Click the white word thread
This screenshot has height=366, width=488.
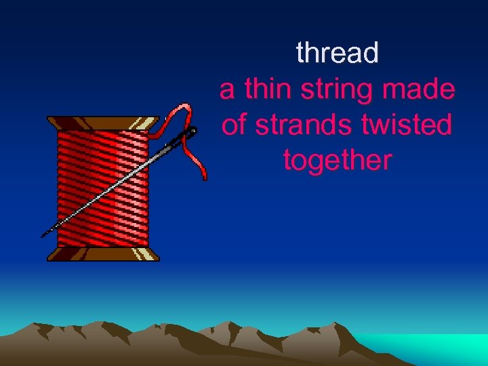337,53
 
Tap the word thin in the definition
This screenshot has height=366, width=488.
266,89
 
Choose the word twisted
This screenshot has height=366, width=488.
405,125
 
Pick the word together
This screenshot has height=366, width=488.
337,161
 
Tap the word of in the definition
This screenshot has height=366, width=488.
233,125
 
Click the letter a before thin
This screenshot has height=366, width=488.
228,90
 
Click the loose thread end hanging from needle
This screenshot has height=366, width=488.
202,173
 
